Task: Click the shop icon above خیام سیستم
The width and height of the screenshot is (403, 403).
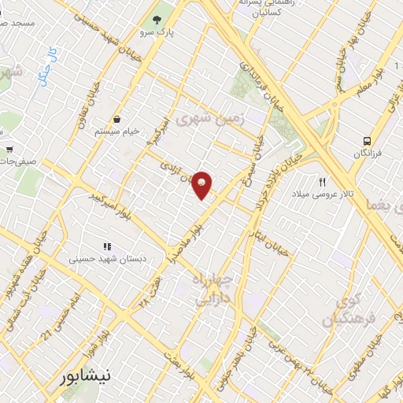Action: [x=116, y=119]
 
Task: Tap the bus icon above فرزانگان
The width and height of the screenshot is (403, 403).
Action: [x=367, y=141]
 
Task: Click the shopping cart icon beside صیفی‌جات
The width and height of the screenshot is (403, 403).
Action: [x=9, y=149]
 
